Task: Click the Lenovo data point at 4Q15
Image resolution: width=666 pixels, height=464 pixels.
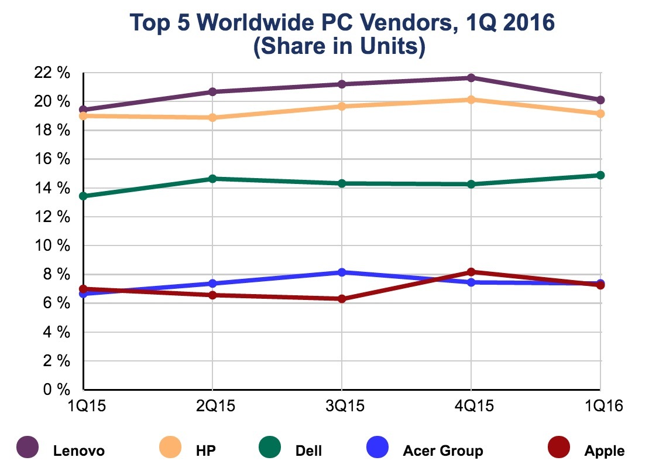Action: [471, 78]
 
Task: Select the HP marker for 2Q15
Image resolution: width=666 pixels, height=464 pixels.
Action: [212, 118]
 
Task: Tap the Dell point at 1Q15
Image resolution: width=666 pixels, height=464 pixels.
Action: [84, 196]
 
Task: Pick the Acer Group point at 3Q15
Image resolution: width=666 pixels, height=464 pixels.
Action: [342, 272]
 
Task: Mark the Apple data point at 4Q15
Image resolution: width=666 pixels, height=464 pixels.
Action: [471, 272]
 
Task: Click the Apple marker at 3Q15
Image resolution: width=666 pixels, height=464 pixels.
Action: [342, 299]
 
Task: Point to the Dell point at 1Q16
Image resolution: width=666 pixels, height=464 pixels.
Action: [600, 175]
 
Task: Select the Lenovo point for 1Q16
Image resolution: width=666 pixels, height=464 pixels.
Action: [600, 100]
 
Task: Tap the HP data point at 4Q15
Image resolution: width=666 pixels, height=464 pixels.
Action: [471, 100]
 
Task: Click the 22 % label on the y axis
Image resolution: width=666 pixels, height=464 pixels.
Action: [53, 73]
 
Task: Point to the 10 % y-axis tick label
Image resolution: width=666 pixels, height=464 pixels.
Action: [53, 246]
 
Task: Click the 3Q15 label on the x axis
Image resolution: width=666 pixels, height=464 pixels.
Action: [342, 405]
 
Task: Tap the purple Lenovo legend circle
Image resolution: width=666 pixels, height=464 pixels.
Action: [28, 448]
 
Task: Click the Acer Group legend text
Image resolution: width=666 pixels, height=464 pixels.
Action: [443, 451]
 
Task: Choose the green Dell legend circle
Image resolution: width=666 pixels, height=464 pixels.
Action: [270, 448]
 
